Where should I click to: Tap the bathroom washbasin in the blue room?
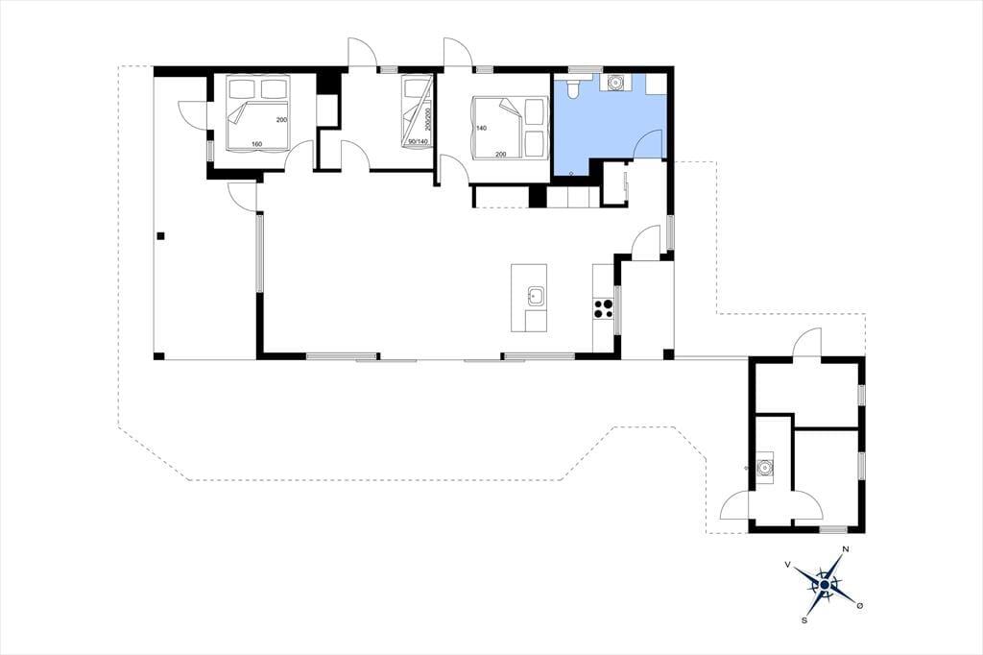616,83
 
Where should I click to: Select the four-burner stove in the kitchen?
604,308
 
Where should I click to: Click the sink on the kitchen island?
536,296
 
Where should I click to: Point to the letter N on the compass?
845,549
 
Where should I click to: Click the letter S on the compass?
803,619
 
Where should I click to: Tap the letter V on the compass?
787,565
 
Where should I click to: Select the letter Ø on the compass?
860,605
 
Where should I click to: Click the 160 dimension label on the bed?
256,145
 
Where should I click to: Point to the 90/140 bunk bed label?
418,142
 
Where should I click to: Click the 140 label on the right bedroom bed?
482,128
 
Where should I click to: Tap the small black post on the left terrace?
161,236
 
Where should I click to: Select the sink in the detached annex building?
765,467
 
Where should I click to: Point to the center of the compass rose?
825,585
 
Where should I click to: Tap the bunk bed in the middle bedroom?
417,112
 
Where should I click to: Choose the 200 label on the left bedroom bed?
281,119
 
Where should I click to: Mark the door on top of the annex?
806,343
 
